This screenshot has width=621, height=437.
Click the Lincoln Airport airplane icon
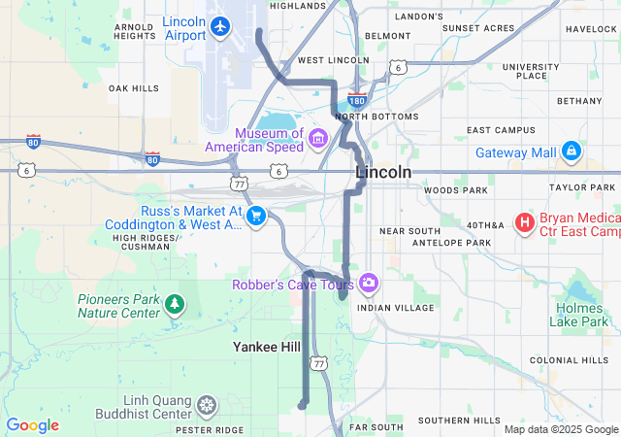click(x=221, y=26)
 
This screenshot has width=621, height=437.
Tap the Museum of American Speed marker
click(x=317, y=140)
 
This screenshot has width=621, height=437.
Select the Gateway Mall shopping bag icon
click(x=572, y=151)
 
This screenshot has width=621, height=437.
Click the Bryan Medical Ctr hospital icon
click(x=525, y=223)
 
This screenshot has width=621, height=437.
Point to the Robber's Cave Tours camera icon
click(x=368, y=284)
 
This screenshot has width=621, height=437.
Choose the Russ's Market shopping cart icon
click(x=256, y=215)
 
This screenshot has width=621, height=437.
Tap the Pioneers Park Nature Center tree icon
click(x=175, y=305)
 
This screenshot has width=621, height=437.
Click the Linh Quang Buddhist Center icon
click(x=207, y=405)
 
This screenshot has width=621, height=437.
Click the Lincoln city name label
click(x=383, y=173)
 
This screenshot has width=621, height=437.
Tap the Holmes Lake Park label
click(x=581, y=315)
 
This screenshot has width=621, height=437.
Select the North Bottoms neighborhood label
click(x=376, y=117)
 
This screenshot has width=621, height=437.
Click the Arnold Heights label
click(x=135, y=31)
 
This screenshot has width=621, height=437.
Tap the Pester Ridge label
click(x=210, y=428)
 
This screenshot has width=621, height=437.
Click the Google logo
click(x=32, y=425)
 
